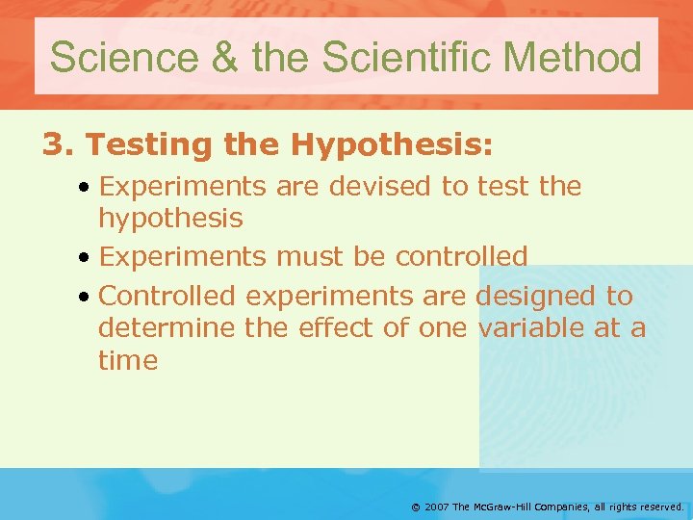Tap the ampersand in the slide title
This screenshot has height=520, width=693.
[x=222, y=57]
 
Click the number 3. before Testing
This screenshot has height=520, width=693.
[x=58, y=145]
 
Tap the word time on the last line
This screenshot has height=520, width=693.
[x=128, y=361]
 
